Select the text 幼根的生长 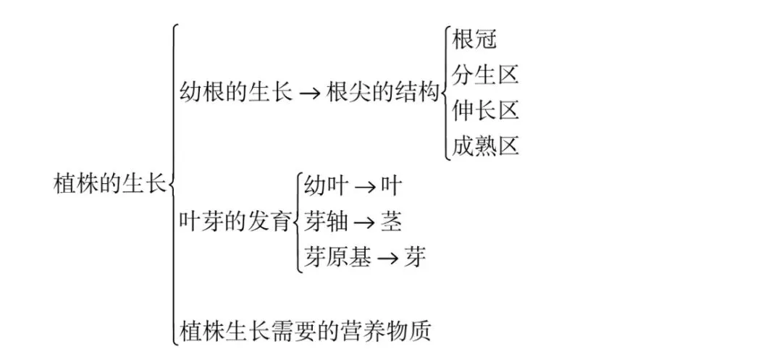pyautogui.click(x=235, y=93)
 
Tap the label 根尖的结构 pyautogui.click(x=383, y=93)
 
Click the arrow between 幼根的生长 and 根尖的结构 pyautogui.click(x=309, y=94)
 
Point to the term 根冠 pyautogui.click(x=474, y=39)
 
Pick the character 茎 pyautogui.click(x=391, y=221)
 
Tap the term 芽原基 pyautogui.click(x=337, y=257)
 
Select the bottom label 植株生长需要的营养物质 pyautogui.click(x=305, y=331)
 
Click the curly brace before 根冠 pyautogui.click(x=445, y=93)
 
